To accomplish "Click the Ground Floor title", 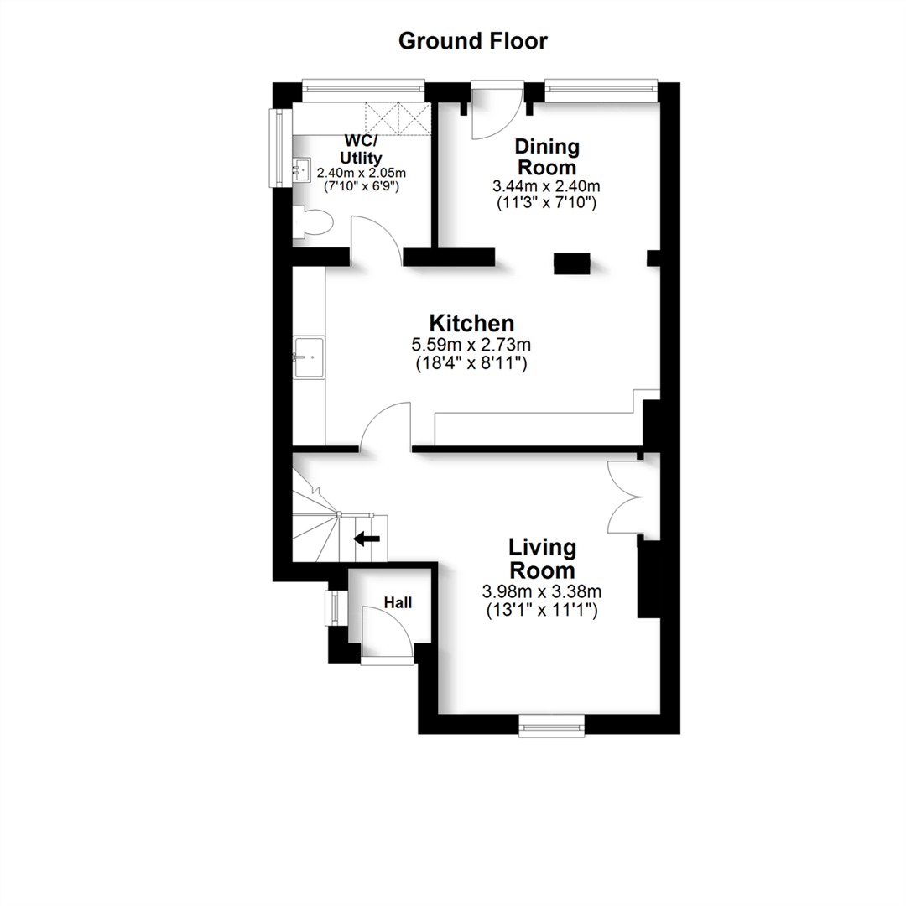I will pos(472,40).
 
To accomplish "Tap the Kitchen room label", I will pos(471,323).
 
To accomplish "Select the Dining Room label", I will pos(547,157).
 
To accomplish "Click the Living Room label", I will pos(542,559).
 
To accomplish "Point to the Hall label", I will pos(398,601).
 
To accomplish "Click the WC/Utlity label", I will pos(361,148).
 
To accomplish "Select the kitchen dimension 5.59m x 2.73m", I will pos(471,345).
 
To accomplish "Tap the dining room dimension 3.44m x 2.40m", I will pos(547,185).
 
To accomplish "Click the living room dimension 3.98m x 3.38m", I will pos(542,592).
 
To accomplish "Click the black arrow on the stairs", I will pos(367,539).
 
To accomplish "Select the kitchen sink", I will pos(308,357).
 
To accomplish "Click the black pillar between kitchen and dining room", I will pos(571,263).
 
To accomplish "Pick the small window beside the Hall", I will pos(333,607).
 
